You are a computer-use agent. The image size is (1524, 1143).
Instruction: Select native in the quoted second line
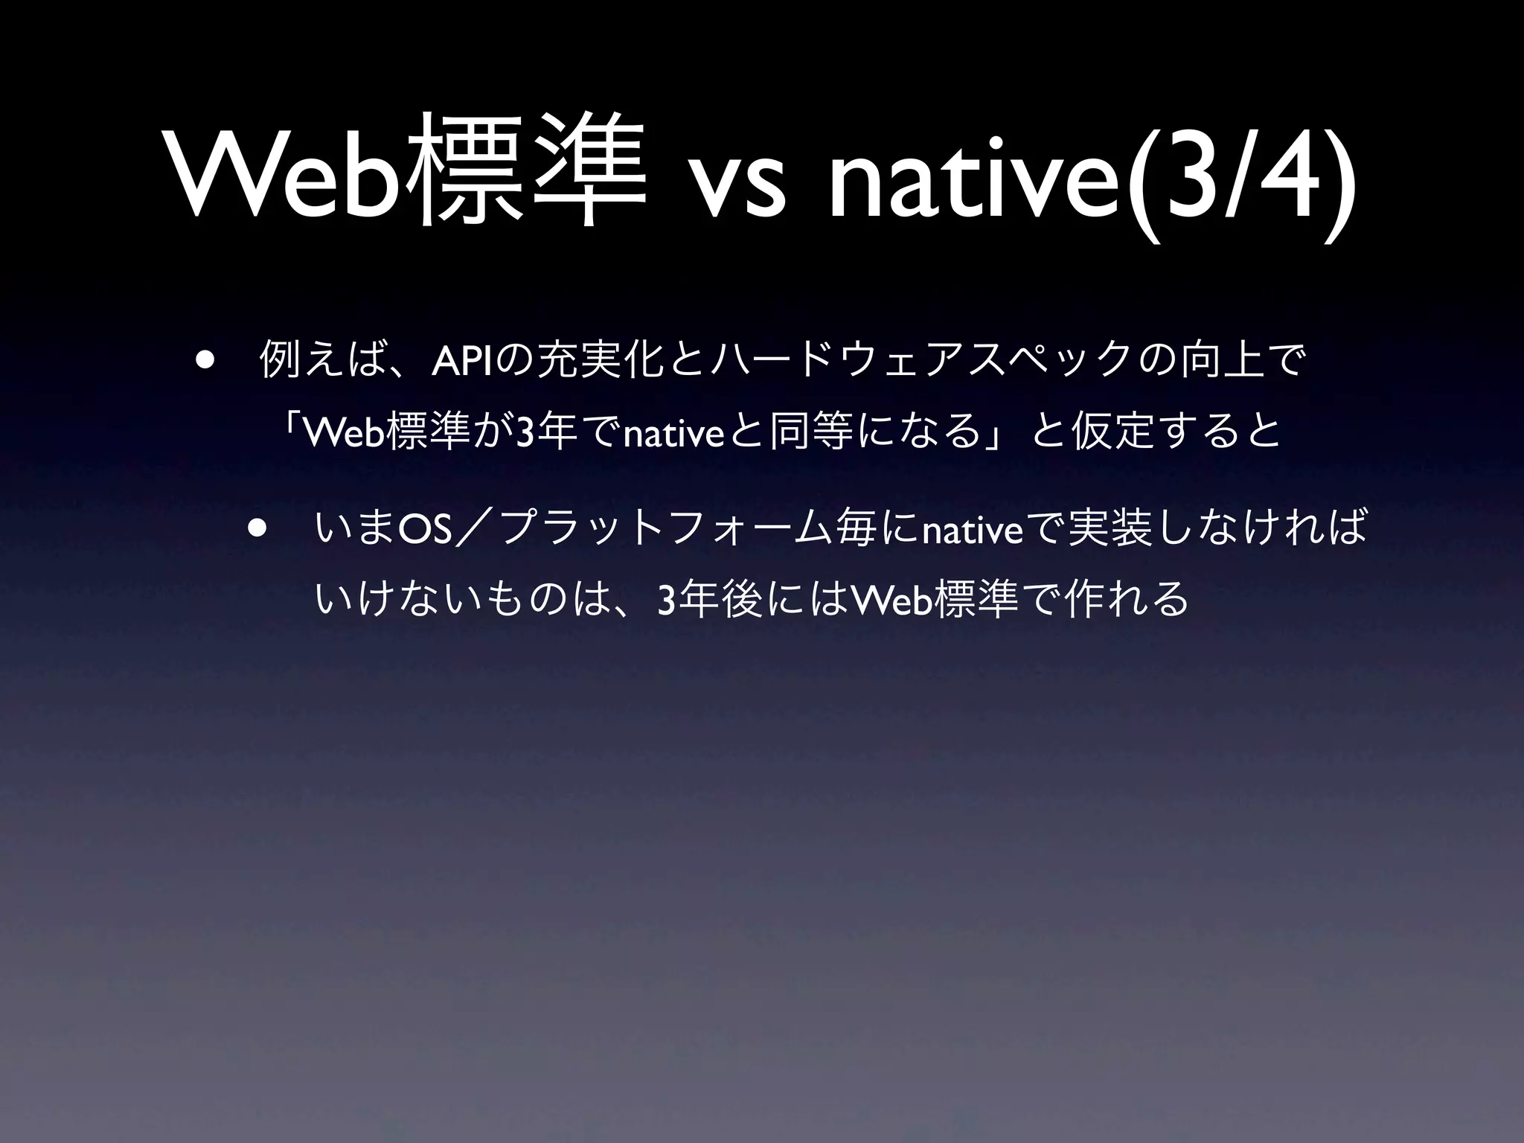point(674,434)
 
